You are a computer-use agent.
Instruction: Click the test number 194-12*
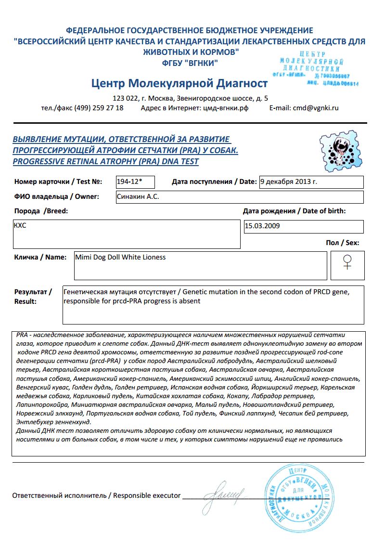pyautogui.click(x=129, y=182)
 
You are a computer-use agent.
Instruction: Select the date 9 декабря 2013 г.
pyautogui.click(x=288, y=182)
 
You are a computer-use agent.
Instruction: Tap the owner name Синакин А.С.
pyautogui.click(x=138, y=196)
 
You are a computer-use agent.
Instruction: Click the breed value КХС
pyautogui.click(x=20, y=225)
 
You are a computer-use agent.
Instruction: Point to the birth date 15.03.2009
pyautogui.click(x=262, y=226)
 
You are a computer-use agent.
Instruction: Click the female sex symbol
pyautogui.click(x=347, y=262)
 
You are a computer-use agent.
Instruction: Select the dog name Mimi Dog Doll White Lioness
pyautogui.click(x=120, y=257)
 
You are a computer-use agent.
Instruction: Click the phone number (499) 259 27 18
pyautogui.click(x=99, y=108)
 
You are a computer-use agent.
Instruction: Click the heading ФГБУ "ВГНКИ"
pyautogui.click(x=190, y=63)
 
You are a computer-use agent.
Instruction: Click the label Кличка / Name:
pyautogui.click(x=40, y=257)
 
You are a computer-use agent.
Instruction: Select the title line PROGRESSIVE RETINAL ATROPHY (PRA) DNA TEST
pyautogui.click(x=105, y=162)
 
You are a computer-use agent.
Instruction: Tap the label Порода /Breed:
pyautogui.click(x=41, y=211)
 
